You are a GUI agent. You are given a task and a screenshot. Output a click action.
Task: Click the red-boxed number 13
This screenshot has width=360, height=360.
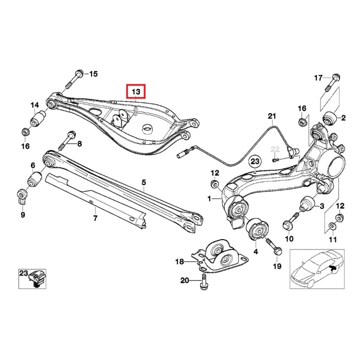(x=136, y=92)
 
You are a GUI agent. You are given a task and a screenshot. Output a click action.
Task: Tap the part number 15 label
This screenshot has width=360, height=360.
(x=93, y=74)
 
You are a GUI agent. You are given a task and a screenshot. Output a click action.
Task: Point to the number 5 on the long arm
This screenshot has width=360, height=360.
(x=144, y=182)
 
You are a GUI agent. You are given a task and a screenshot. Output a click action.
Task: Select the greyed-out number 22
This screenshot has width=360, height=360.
(x=275, y=149)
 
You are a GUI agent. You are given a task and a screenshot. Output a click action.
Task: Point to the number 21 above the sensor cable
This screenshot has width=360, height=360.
(x=272, y=116)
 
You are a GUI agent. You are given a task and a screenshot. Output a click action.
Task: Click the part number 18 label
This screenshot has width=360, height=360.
(x=179, y=262)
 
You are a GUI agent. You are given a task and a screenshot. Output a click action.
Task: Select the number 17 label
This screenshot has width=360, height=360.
(x=318, y=78)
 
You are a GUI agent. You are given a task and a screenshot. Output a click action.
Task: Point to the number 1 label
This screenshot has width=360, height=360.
(x=209, y=198)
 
